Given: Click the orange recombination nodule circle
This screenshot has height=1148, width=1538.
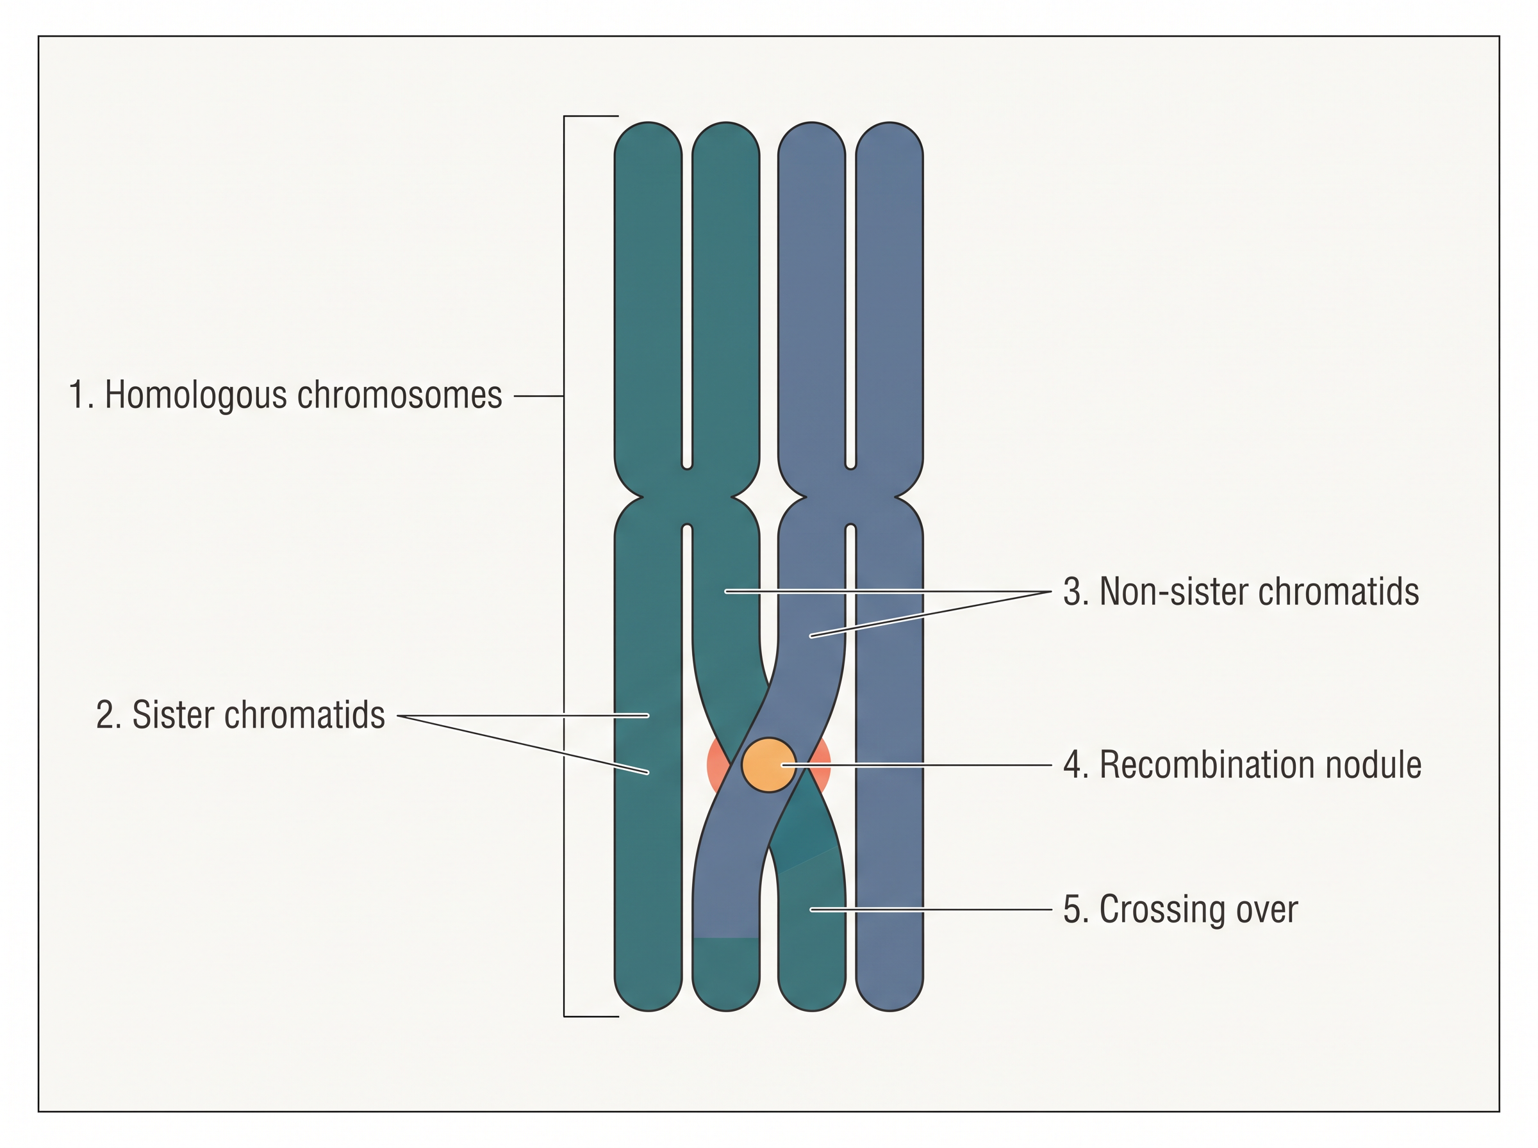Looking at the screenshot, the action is pos(768,764).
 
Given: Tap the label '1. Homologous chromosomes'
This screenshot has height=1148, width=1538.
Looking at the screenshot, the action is pos(285,395).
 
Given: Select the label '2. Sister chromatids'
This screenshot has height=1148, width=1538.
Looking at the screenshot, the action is pos(240,714).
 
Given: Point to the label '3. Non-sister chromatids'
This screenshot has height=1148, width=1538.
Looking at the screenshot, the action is pos(1241,591).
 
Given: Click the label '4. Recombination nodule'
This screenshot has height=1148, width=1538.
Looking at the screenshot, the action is pos(1242,764).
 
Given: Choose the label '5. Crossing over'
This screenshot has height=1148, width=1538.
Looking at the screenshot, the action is pos(1180,909).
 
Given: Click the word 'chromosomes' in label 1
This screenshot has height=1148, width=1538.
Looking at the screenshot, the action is pos(400,395).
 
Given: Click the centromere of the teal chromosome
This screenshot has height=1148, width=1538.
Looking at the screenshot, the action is pos(686,497).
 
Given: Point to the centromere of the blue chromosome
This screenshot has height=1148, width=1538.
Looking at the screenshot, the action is pos(850,497).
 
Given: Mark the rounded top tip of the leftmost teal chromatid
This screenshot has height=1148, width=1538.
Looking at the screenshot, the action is pos(649,124).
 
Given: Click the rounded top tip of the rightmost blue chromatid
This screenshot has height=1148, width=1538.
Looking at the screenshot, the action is pos(889,124).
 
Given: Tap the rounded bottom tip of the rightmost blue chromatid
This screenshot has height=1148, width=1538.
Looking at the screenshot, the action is pos(889,1010).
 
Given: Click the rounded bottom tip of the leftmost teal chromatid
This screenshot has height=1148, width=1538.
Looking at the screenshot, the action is pos(649,1010).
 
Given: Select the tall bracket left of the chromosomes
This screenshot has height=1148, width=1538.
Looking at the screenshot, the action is pos(565,566).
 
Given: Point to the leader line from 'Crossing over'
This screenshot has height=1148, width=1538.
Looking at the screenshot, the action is pos(931,909).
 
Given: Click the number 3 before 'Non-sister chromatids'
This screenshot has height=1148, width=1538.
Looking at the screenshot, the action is pos(1072,592).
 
